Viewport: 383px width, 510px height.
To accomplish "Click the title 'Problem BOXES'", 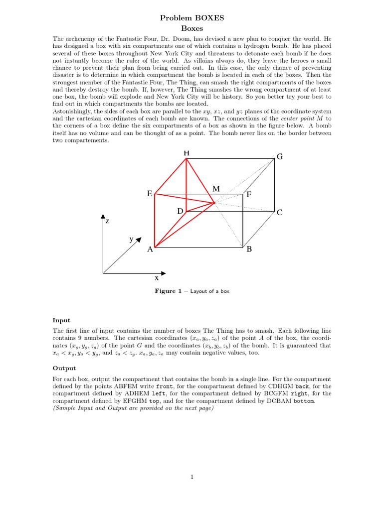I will (191, 18).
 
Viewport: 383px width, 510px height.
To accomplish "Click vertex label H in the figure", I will (187, 153).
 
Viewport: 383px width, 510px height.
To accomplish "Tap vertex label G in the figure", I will (280, 157).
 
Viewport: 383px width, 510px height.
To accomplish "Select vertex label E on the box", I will (149, 194).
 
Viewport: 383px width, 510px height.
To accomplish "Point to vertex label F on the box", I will (249, 195).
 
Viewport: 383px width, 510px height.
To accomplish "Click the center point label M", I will (216, 189).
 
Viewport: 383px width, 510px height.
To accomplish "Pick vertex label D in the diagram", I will (180, 211).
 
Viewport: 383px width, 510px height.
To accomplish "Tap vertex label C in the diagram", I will (280, 213).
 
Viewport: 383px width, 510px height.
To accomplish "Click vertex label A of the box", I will (149, 250).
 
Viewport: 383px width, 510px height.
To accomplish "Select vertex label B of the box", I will (249, 250).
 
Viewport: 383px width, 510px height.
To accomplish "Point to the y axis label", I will (132, 239).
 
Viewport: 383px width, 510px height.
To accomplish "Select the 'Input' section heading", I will (61, 320).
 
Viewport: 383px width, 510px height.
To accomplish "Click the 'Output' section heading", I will (64, 368).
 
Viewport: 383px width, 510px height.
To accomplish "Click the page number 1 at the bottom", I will (191, 477).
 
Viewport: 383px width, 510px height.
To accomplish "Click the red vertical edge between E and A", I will (155, 222).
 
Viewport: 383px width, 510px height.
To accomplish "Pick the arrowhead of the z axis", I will (103, 217).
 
